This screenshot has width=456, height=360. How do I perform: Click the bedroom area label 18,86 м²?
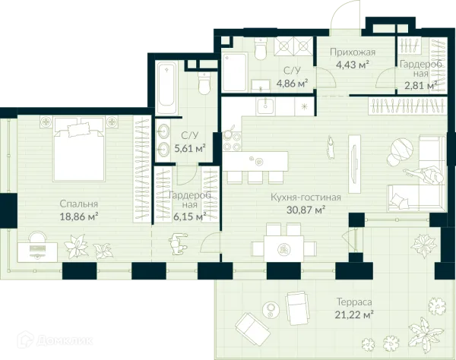(x=78, y=216)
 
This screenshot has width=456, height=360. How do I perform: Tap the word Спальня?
(x=78, y=204)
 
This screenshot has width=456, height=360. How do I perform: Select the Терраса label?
(x=354, y=302)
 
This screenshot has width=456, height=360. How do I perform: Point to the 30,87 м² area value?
(x=306, y=210)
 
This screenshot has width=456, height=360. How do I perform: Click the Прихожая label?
(x=353, y=52)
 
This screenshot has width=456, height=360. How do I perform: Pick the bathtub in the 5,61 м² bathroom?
(x=166, y=87)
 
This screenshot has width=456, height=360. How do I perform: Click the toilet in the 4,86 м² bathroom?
(x=260, y=49)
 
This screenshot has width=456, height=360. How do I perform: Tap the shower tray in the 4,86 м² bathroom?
(x=234, y=72)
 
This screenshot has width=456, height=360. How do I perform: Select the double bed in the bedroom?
(x=78, y=149)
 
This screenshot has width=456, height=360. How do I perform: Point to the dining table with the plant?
(x=283, y=248)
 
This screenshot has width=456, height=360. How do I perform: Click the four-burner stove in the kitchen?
(x=232, y=141)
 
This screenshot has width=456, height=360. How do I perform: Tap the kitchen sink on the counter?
(x=265, y=106)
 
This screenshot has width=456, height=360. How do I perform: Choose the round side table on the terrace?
(x=271, y=310)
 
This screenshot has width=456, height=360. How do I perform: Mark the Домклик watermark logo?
(x=55, y=339)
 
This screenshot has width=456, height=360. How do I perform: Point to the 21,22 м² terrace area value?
(x=354, y=314)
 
